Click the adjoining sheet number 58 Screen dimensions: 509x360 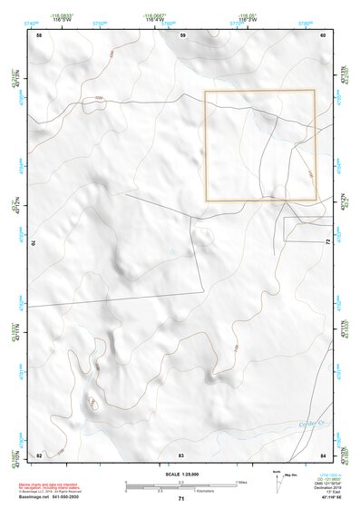point(39,35)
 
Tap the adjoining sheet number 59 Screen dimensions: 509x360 point(182,35)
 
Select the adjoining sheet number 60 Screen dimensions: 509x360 point(323,35)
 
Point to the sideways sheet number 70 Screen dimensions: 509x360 point(37,243)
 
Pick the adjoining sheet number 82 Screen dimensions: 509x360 point(39,454)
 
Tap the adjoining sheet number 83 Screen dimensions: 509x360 point(181,454)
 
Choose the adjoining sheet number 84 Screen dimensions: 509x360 point(323,454)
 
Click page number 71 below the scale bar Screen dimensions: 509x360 point(181,500)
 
